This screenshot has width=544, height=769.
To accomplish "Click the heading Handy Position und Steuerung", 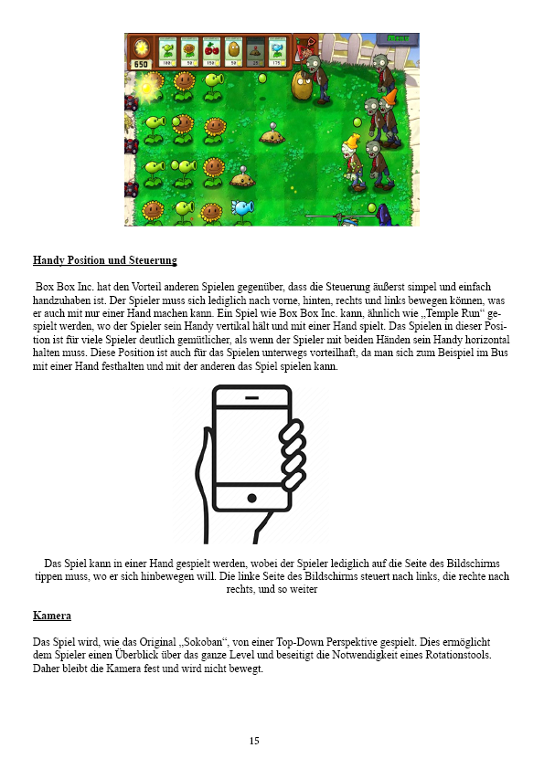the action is click(105, 260).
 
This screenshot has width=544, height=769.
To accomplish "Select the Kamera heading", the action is click(52, 616).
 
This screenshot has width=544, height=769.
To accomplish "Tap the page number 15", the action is click(254, 741).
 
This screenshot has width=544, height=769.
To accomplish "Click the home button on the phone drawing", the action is click(251, 498).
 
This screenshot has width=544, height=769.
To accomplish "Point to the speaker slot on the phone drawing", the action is click(251, 400).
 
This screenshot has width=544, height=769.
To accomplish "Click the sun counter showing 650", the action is click(141, 65).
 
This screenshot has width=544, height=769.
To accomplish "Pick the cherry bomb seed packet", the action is click(212, 52).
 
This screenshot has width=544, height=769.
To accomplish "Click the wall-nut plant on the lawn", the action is click(302, 87).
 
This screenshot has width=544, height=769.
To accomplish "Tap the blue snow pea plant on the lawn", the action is click(242, 209).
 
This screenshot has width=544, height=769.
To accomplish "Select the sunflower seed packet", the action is click(190, 52).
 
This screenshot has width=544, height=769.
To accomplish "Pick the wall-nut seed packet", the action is click(234, 52).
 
